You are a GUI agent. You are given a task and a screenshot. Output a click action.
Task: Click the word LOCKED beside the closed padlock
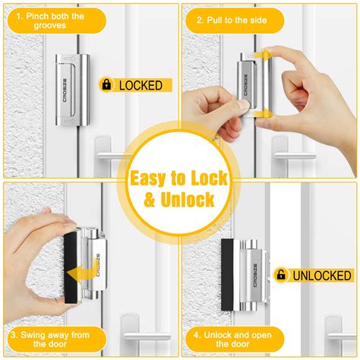[141, 85]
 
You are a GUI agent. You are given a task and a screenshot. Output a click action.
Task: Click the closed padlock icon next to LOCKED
[107, 84]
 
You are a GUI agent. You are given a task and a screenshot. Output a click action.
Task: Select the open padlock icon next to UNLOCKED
[281, 274]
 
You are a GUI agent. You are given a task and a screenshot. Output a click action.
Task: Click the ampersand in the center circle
[141, 201]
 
